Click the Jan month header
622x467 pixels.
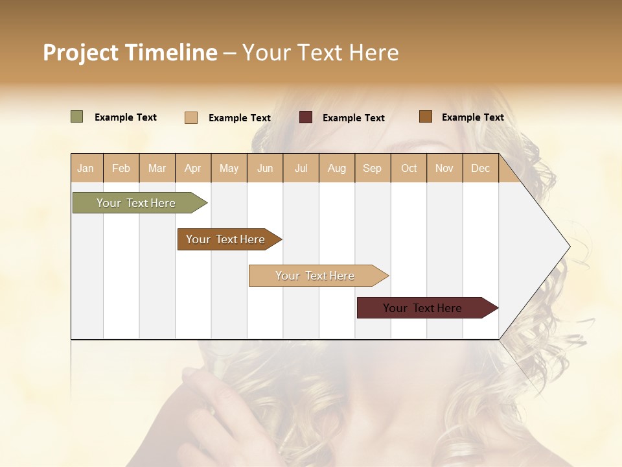(86, 168)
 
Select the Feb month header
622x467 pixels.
(121, 168)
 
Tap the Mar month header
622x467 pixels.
(157, 168)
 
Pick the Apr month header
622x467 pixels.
(193, 168)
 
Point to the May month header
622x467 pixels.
(229, 168)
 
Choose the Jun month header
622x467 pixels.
(265, 168)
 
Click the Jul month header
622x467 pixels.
(301, 168)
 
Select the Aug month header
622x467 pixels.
(337, 168)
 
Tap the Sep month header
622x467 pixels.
(373, 168)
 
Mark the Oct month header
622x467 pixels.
(409, 168)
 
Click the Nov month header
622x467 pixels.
(444, 168)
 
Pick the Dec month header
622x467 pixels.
(480, 168)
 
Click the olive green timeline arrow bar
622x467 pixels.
(137, 203)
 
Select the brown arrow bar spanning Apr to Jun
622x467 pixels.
(226, 239)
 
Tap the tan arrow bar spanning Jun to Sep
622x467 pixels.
(316, 276)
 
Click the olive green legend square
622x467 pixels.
(77, 117)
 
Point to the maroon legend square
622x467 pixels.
(306, 117)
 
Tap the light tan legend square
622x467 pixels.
(191, 117)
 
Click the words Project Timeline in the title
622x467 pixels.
(130, 53)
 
